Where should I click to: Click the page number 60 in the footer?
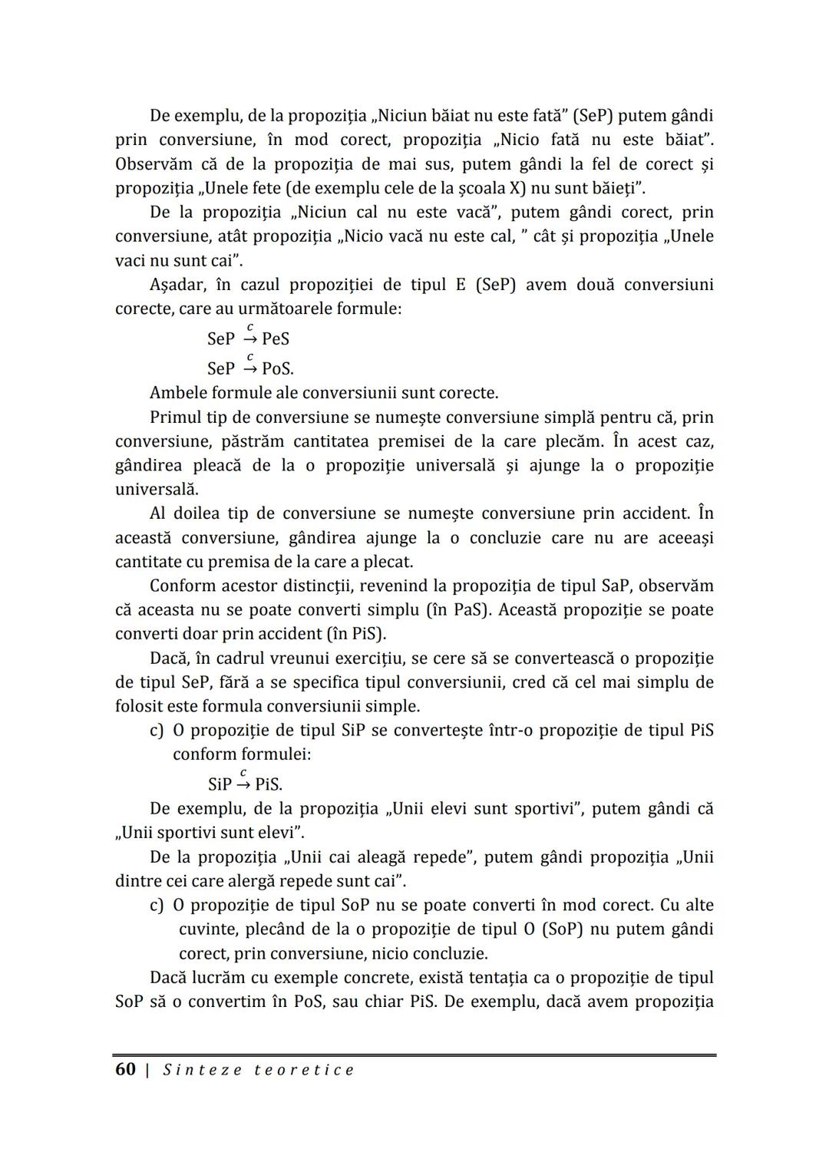(x=125, y=1069)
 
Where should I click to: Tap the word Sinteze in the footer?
(x=201, y=1070)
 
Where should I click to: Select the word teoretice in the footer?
(x=304, y=1070)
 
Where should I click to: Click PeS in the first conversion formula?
(x=276, y=339)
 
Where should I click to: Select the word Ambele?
(x=177, y=393)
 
